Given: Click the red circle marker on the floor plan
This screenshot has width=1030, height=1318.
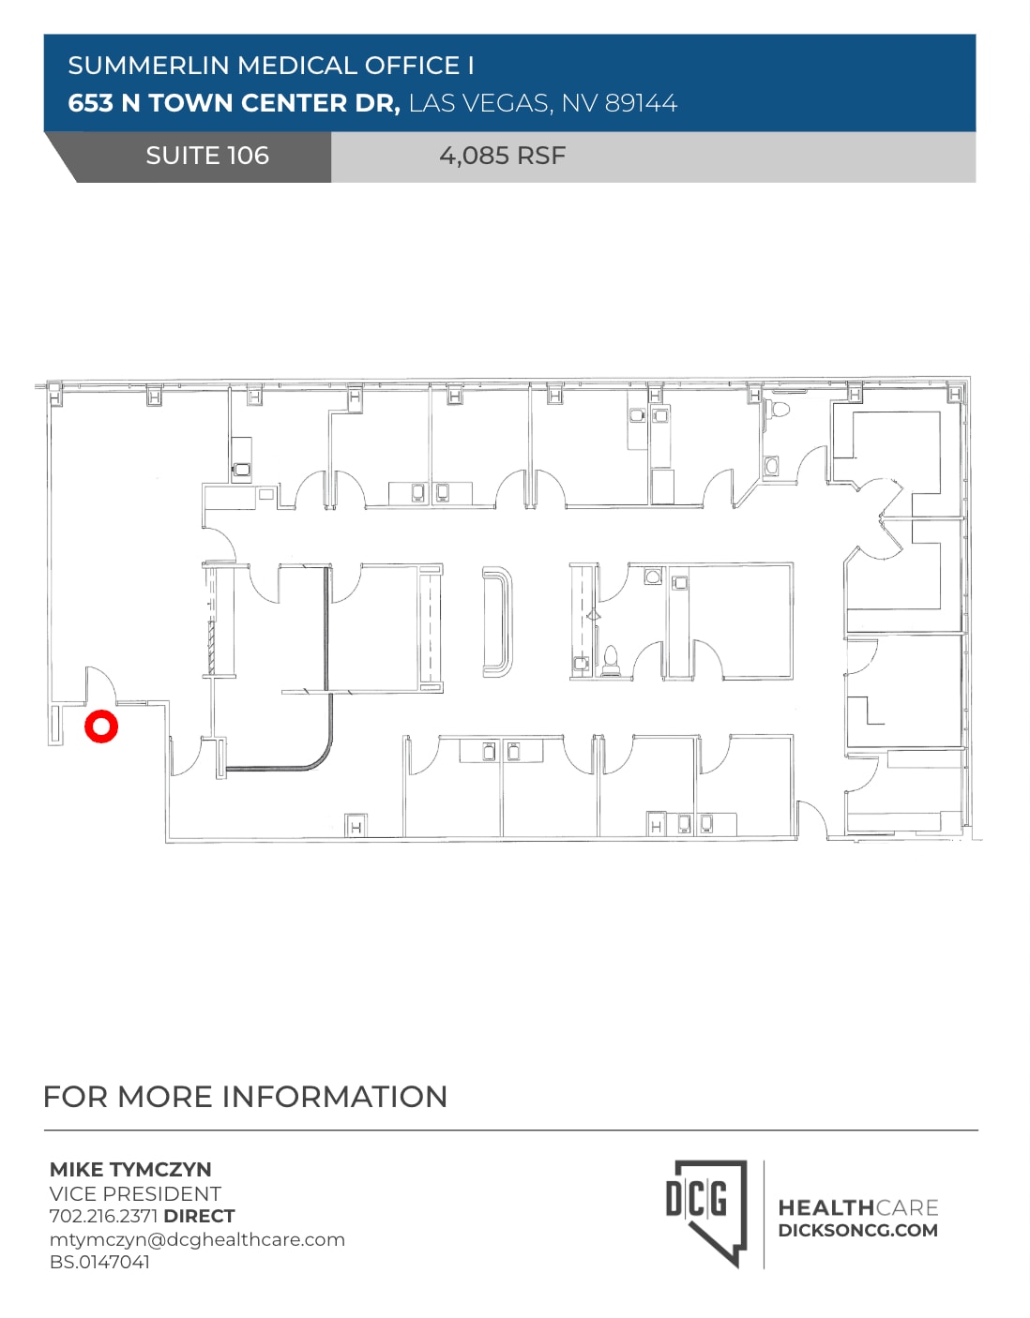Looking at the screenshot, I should coord(100,726).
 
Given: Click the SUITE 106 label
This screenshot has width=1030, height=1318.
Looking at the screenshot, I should coord(206,156).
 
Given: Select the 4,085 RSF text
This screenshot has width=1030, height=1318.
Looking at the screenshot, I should coord(502,156).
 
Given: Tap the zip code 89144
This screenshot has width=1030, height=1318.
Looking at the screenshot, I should coord(641,103).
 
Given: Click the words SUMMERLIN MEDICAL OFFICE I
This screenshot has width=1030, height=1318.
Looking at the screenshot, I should coord(270,66).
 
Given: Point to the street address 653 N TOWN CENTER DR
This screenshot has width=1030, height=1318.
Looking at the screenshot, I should coord(234,103).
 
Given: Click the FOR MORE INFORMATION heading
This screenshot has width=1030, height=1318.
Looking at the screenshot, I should coord(245,1096).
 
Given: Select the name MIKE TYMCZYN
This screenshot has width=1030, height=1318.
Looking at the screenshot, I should coord(130,1169).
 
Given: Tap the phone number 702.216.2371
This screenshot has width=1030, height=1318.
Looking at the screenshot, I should coord(103,1216).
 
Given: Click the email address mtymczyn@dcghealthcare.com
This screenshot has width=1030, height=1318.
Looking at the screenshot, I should coord(197,1239).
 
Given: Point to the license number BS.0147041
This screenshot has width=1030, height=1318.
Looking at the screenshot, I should coord(99,1262).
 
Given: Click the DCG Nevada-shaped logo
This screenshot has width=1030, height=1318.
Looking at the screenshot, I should coord(705,1209).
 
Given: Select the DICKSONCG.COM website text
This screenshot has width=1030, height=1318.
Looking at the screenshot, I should coord(857,1231).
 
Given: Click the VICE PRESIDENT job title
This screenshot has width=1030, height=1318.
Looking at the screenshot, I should coord(135,1193).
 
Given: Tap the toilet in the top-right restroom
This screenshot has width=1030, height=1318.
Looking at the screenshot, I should coord(779,410).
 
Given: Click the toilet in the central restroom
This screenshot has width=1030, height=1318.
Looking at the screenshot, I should coord(611,659).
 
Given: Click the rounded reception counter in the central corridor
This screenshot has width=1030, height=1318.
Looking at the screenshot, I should coord(497,621).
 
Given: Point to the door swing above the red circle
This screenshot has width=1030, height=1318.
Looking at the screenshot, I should coord(99,684).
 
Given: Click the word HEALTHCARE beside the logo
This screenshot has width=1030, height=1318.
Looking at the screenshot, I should coord(857,1207).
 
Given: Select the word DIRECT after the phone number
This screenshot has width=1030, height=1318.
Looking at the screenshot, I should coord(199,1216).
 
